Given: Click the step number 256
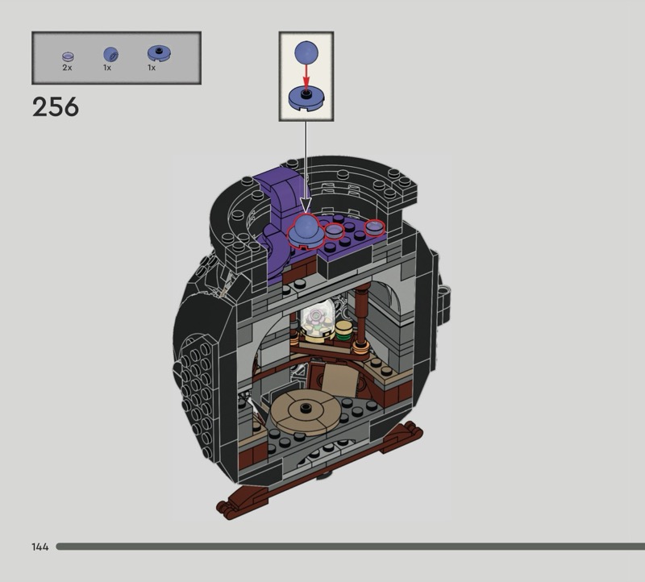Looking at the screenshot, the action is click(x=56, y=107).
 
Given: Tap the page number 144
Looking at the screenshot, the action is click(x=40, y=547).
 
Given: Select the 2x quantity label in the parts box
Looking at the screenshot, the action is click(x=67, y=68).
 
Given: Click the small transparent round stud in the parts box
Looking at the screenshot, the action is click(x=68, y=56).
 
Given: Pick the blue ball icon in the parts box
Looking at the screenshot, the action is click(x=110, y=54).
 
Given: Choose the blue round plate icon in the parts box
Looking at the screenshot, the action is click(x=159, y=53).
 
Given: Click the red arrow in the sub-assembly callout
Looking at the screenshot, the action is click(x=306, y=76).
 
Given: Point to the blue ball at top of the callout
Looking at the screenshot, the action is click(x=306, y=52).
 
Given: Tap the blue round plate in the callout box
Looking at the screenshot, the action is click(x=306, y=98).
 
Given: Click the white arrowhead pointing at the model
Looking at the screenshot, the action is click(x=306, y=205).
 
